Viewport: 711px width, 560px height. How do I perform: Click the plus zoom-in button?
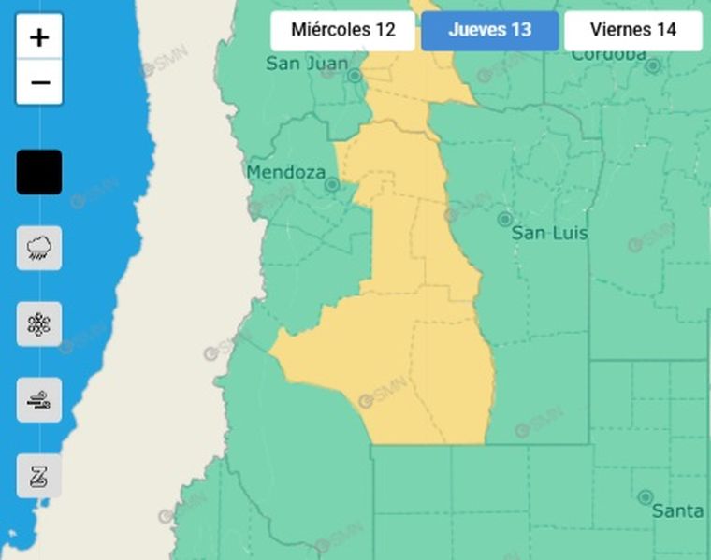(39, 37)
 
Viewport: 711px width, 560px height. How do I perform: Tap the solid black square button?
(39, 172)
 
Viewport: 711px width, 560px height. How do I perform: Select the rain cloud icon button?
(39, 248)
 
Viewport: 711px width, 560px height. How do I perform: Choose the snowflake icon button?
(39, 324)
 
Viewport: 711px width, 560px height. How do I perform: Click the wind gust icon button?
(39, 401)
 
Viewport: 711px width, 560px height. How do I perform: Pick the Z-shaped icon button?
(39, 476)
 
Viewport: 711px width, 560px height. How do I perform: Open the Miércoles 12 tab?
(342, 30)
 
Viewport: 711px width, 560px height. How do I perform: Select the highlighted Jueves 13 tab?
(489, 30)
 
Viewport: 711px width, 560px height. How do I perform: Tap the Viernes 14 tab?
(632, 30)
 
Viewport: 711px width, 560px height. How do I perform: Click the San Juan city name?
(300, 64)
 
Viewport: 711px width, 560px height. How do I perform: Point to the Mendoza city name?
(285, 172)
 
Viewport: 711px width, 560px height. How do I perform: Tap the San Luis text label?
(549, 233)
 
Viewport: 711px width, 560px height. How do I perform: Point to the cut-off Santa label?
(677, 510)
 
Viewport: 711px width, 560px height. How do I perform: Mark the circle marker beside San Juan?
(355, 75)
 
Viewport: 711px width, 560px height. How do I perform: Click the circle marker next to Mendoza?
(331, 184)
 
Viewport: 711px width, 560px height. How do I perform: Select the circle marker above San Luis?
(504, 219)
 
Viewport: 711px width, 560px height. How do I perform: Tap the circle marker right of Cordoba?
(653, 65)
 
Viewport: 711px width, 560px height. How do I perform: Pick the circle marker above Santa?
(645, 496)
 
